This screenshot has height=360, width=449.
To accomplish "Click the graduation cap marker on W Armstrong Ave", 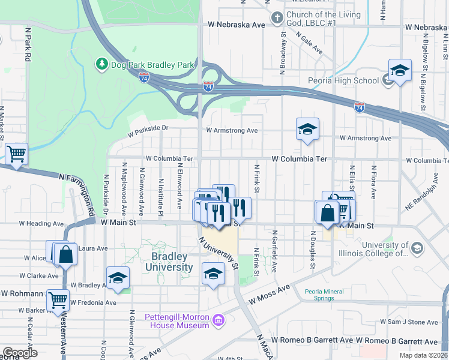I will pos(307,129).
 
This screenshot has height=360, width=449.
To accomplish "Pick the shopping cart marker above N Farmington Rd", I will pos(17,154).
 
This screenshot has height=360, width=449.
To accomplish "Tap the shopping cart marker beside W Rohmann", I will pos(58,299).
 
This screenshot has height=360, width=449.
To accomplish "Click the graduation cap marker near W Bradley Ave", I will pos(118,277).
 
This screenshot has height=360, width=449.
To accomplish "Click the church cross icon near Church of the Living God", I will pos(277,18).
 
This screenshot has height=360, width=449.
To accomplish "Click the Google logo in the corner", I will pos(20,353).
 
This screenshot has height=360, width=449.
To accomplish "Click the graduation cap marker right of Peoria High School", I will pos(400,70).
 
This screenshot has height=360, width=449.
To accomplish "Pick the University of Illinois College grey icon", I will pos(417,247).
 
